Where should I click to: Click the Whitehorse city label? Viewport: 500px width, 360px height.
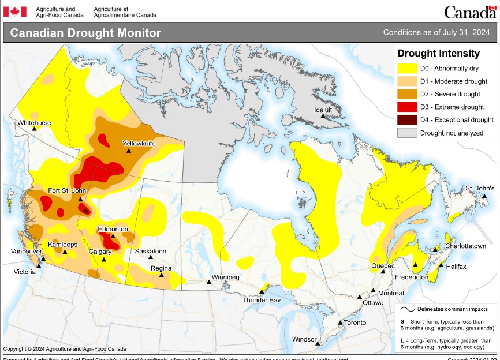tap(34, 123)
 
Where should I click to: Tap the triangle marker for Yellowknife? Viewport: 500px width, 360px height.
tap(129, 151)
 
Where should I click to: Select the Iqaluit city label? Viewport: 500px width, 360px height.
tap(323, 109)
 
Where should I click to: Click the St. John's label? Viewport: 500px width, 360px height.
tap(480, 188)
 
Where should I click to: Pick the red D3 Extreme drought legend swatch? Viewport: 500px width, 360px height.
tap(406, 107)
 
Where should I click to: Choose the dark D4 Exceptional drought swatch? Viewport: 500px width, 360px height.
tap(406, 119)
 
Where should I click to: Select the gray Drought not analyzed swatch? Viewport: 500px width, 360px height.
tap(406, 133)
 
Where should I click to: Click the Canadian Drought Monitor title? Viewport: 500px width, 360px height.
tap(85, 33)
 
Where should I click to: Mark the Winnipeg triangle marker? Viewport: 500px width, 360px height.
tap(210, 282)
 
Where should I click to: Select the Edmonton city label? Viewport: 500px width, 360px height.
tap(113, 229)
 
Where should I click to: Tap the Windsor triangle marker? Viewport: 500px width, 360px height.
tap(317, 344)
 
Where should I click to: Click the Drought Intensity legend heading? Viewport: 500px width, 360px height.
tap(439, 54)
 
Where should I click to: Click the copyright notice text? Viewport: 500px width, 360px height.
tap(65, 348)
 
